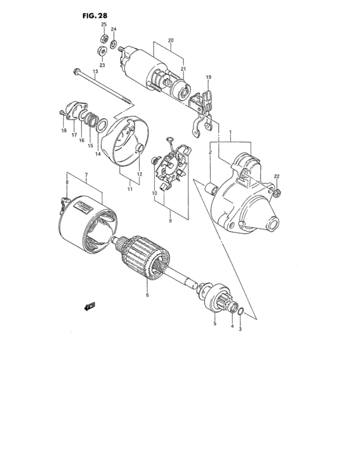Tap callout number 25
(x=103, y=24)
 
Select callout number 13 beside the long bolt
(x=94, y=72)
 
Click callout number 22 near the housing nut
(x=277, y=177)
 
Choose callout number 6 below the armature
(x=147, y=295)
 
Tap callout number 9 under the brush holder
(x=170, y=221)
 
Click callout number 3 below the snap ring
(x=240, y=329)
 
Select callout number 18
(x=64, y=130)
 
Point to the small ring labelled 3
(x=239, y=312)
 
